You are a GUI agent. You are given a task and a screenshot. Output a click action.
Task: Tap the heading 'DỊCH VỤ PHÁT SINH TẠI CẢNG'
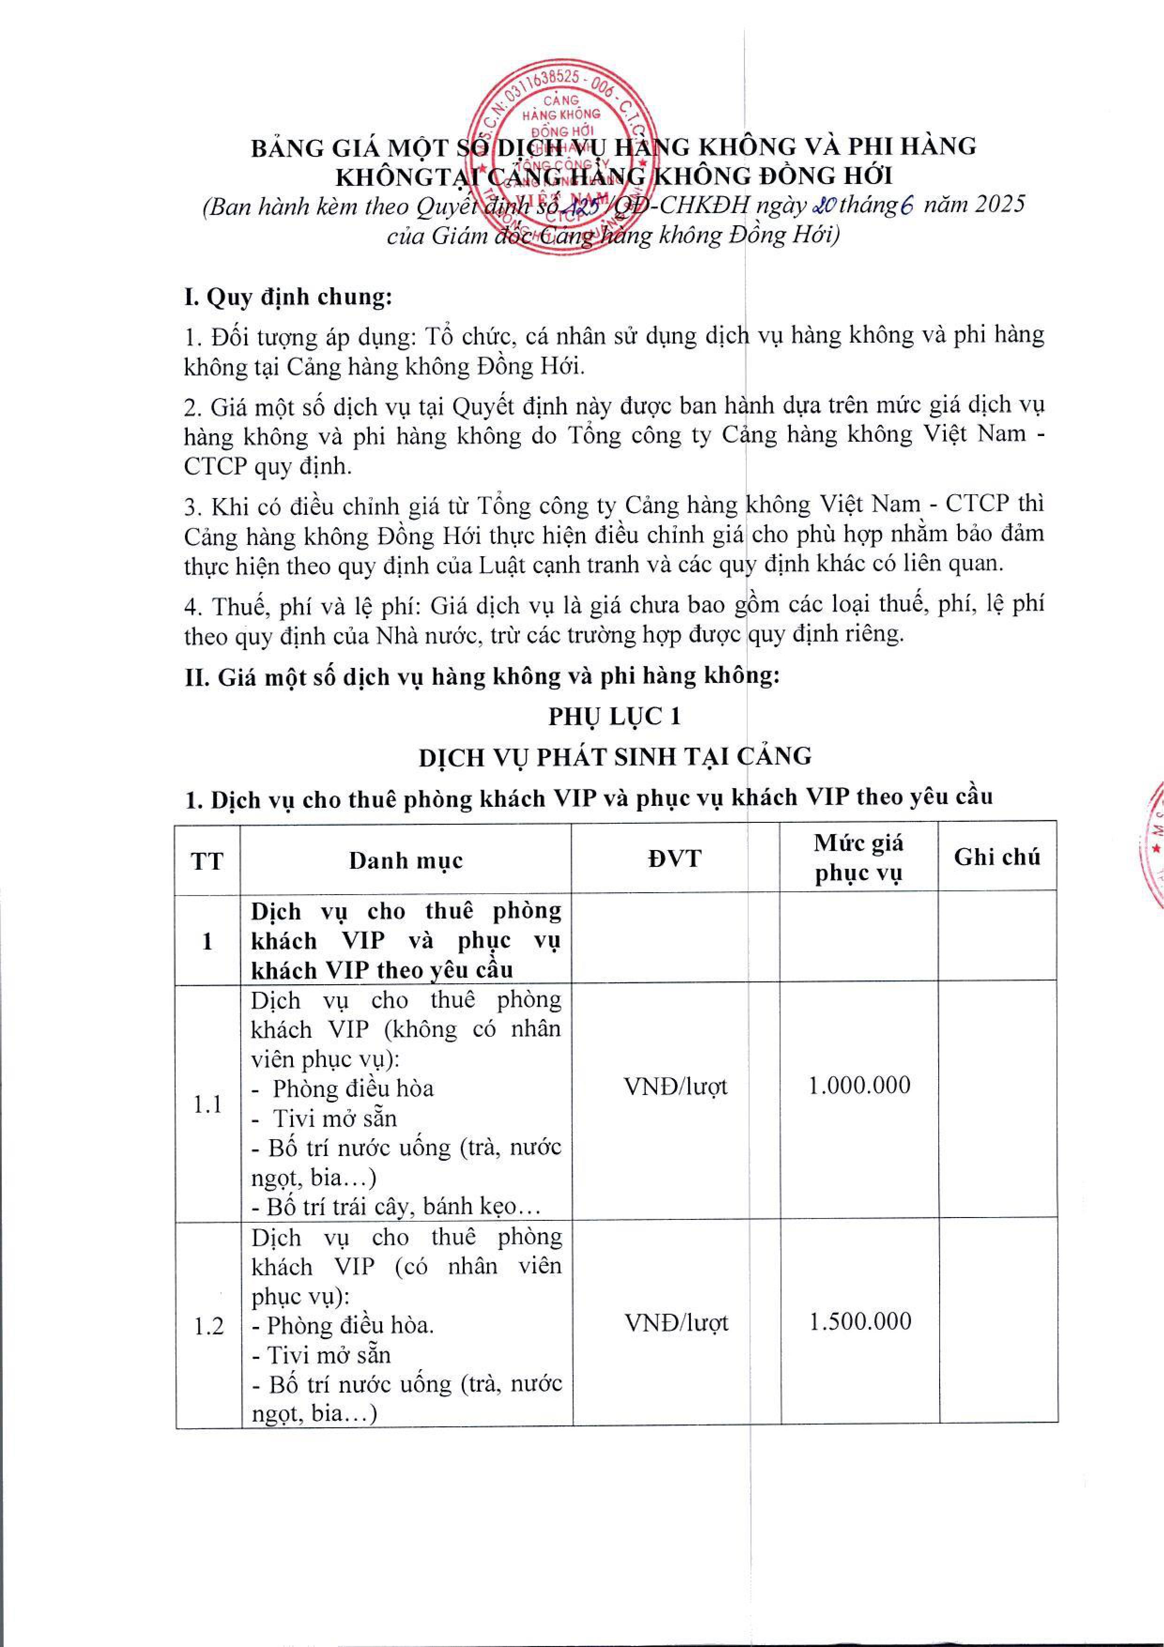[x=615, y=756]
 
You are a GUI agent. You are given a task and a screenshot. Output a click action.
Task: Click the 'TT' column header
[x=207, y=860]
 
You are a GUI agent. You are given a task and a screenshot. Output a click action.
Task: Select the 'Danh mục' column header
[x=406, y=860]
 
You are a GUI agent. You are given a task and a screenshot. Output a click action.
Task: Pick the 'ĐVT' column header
[x=675, y=858]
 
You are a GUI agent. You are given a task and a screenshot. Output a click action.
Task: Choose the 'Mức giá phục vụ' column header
[x=858, y=858]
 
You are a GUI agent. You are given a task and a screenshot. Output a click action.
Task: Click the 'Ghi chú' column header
[x=997, y=857]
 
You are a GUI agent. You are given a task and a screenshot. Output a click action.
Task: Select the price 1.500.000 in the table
[x=860, y=1321]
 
